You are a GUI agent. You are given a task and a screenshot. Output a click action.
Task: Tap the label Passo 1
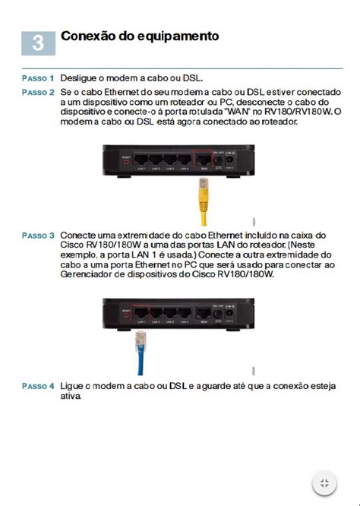38,78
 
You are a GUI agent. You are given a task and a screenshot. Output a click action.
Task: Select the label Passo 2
38,92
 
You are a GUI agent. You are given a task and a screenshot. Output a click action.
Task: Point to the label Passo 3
38,236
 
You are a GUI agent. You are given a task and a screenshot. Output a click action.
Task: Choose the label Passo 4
38,386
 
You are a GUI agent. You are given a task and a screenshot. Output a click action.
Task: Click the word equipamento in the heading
180,36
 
